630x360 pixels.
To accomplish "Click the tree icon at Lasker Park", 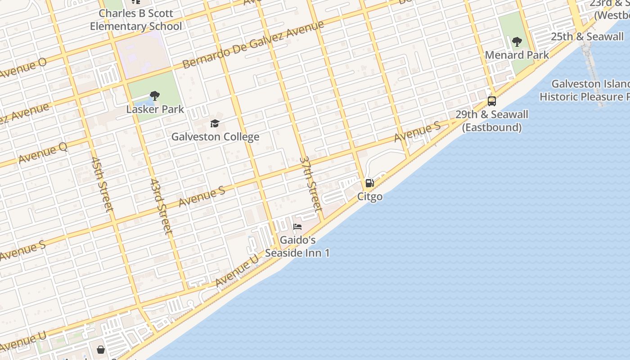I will pos(155,95).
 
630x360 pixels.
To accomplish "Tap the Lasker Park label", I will pos(155,109).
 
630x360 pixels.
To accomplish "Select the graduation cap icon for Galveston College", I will pos(215,123).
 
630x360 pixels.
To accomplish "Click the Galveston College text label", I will pos(215,136).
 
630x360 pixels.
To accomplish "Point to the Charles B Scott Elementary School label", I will pos(136,20).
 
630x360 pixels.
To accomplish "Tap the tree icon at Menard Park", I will pos(517,42).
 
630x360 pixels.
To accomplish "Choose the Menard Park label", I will pos(517,55).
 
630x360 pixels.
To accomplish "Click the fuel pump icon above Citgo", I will pos(369,183).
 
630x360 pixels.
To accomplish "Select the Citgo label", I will pos(370,196).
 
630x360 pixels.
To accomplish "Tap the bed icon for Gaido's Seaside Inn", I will pos(297,227).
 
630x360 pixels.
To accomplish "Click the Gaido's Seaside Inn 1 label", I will pos(297,246).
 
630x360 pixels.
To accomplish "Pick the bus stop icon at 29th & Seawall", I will pos(492,101).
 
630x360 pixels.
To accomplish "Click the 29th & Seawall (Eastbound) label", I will pos(492,121).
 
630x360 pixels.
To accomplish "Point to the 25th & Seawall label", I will pos(587,36).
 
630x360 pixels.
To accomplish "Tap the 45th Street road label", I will pos(102,184).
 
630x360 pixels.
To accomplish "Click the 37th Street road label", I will pos(311,184).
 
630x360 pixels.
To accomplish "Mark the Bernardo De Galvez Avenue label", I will pos(253,44).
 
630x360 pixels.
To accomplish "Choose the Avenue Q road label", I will pos(43,153).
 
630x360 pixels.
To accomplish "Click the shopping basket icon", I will pos(101,350).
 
